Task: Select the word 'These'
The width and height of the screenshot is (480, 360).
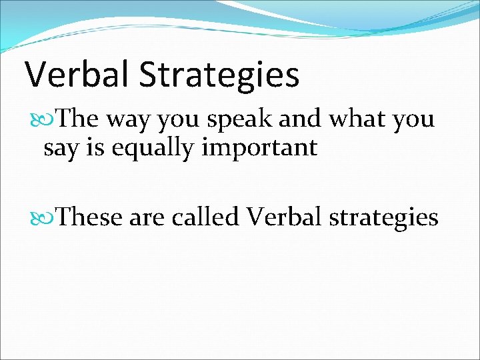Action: (x=89, y=217)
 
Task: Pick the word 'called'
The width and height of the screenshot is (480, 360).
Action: (x=205, y=217)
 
